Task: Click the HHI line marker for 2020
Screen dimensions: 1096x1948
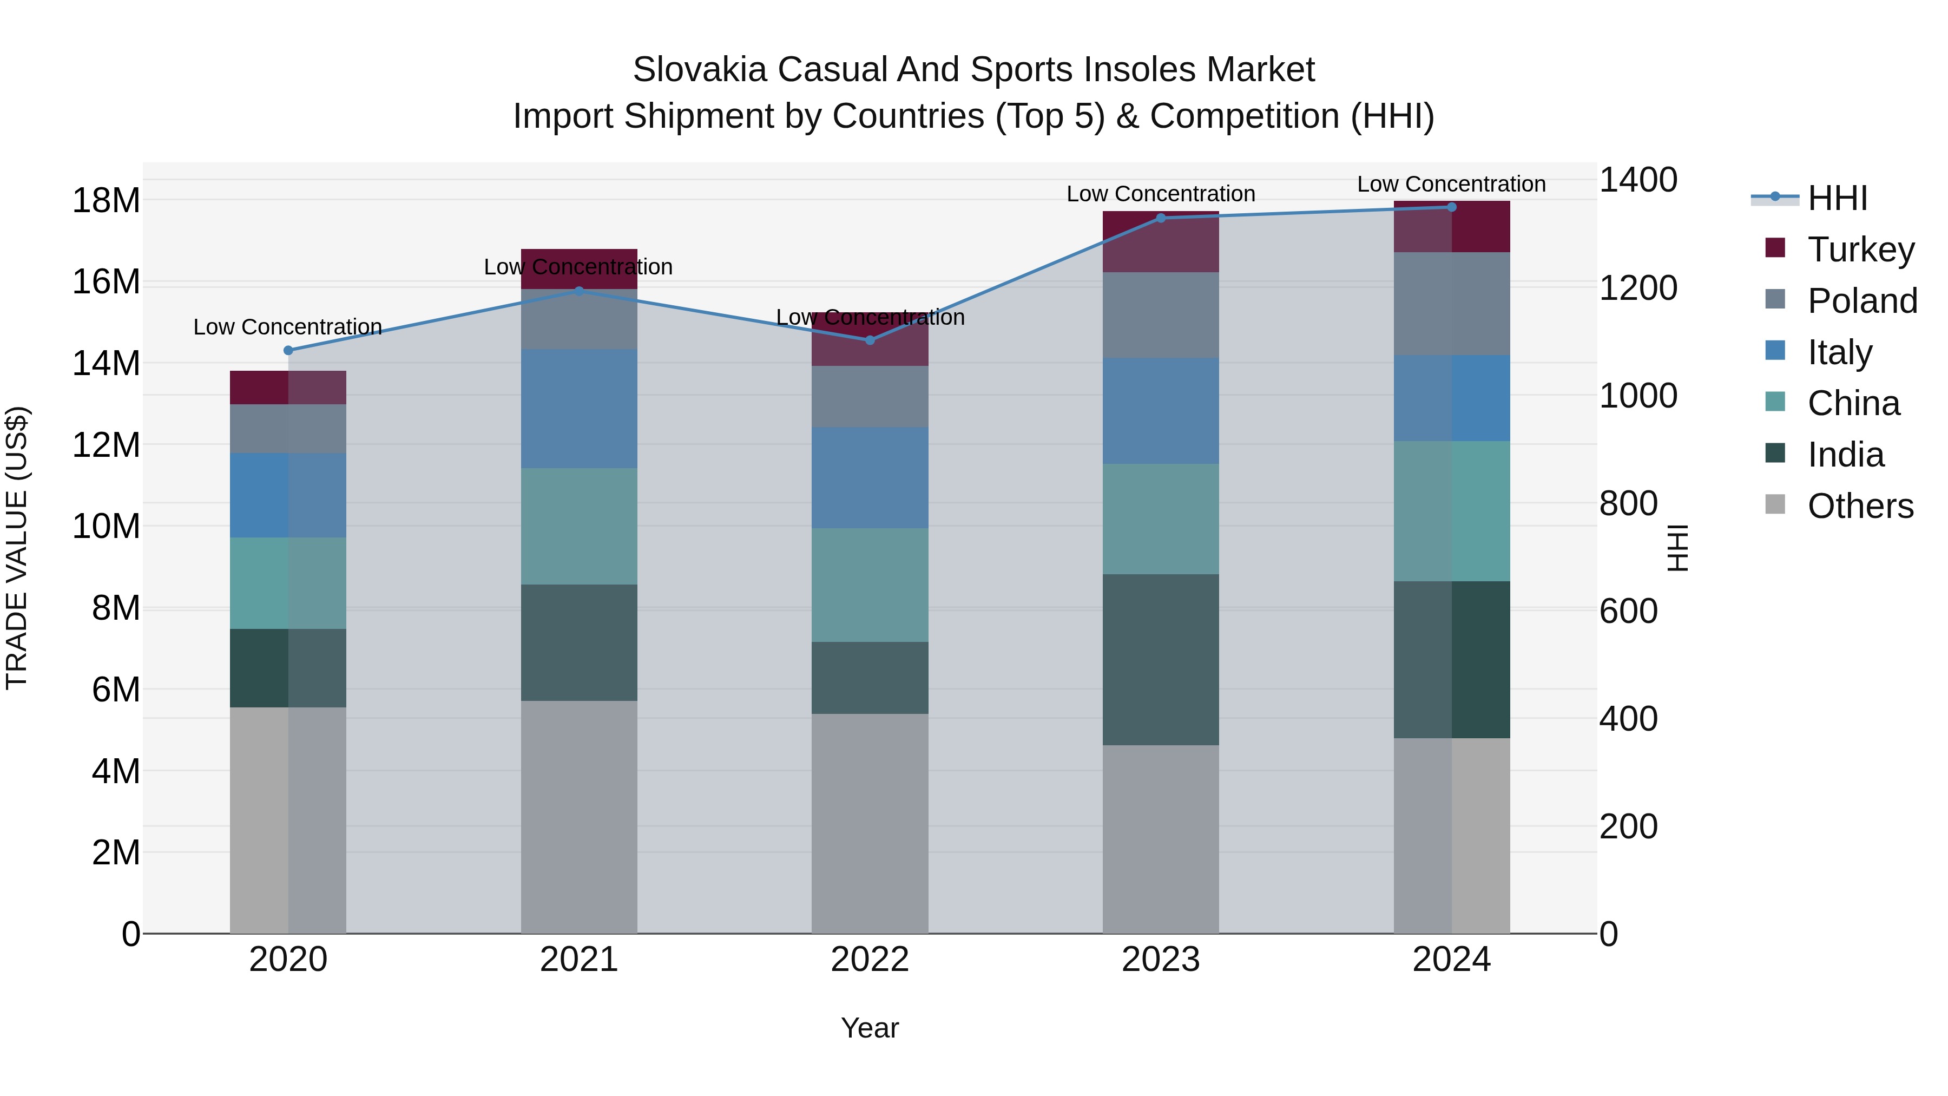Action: (x=288, y=350)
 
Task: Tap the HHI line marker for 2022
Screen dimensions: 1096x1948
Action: (x=870, y=340)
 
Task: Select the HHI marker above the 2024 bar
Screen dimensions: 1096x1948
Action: (x=1451, y=207)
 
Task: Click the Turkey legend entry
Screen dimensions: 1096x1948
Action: (x=1860, y=250)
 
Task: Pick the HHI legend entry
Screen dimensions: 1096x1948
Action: (x=1837, y=198)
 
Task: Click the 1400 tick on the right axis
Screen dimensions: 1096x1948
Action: (x=1638, y=180)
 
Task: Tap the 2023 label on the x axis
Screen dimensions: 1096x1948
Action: (x=1160, y=960)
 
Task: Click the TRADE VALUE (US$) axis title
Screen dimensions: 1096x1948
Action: (x=17, y=548)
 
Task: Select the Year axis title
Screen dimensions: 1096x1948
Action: (x=870, y=1028)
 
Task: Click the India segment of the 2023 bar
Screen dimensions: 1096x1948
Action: (x=1160, y=660)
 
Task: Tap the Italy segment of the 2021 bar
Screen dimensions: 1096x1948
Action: (x=578, y=409)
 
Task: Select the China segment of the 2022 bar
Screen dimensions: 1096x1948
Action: (x=870, y=585)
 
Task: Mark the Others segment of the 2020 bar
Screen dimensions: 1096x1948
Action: (x=288, y=820)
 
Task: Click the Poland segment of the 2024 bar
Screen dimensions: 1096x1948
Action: (x=1451, y=304)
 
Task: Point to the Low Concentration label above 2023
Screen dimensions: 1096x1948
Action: (x=1160, y=194)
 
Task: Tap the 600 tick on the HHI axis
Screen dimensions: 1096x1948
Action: (x=1628, y=611)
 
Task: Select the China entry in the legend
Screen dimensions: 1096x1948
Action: (x=1853, y=403)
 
